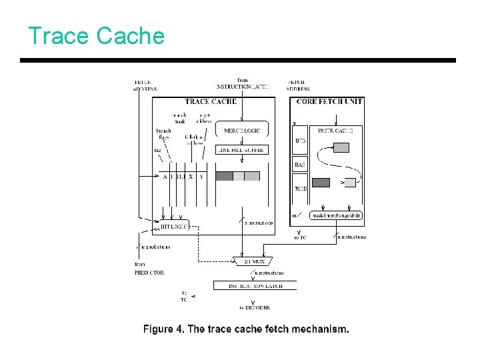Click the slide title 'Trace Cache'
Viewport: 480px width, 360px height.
pyautogui.click(x=96, y=35)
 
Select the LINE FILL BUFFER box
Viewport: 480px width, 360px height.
pyautogui.click(x=241, y=150)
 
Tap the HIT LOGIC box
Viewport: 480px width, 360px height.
pyautogui.click(x=174, y=226)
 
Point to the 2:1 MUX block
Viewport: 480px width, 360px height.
pyautogui.click(x=250, y=261)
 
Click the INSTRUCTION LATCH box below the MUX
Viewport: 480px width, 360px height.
pyautogui.click(x=255, y=285)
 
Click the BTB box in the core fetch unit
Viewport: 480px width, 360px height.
pyautogui.click(x=300, y=141)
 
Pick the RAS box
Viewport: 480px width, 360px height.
pyautogui.click(x=300, y=164)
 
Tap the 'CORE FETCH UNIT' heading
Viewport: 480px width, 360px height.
pyautogui.click(x=329, y=101)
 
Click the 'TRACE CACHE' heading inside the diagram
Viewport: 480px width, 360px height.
pyautogui.click(x=210, y=101)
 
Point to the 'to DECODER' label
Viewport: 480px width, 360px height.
pyautogui.click(x=255, y=307)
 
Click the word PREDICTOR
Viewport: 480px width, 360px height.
pyautogui.click(x=149, y=273)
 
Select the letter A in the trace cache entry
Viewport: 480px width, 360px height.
pyautogui.click(x=165, y=177)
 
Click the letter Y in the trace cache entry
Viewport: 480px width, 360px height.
pyautogui.click(x=201, y=177)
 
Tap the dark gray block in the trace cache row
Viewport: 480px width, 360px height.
pyautogui.click(x=224, y=177)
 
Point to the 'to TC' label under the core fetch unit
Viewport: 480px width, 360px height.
pyautogui.click(x=301, y=237)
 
